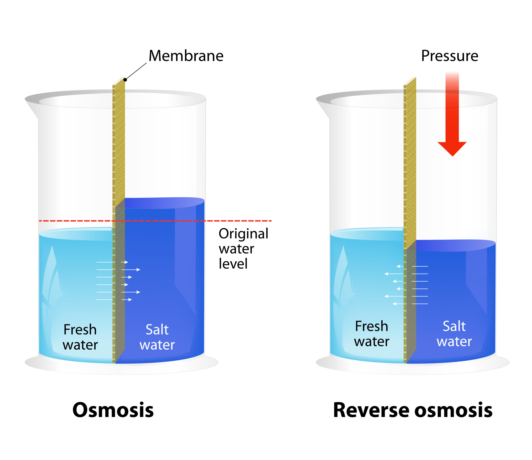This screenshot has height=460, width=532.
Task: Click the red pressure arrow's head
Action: (x=452, y=149)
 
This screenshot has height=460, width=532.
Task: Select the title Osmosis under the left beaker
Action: (x=113, y=410)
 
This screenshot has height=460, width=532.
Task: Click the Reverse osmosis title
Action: (x=413, y=410)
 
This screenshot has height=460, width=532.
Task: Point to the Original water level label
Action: (x=243, y=248)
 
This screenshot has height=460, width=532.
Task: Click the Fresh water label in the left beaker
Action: (x=80, y=337)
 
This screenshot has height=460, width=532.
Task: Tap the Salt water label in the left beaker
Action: (x=157, y=337)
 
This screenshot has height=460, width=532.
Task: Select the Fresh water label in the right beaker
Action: (x=372, y=334)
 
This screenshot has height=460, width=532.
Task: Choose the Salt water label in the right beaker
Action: (x=454, y=334)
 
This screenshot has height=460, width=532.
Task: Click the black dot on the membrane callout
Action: (x=125, y=80)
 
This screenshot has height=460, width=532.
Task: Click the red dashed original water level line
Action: (x=155, y=221)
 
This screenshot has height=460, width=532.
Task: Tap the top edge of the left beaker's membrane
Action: (x=119, y=81)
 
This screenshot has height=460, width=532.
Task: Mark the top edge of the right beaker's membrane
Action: (x=410, y=81)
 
